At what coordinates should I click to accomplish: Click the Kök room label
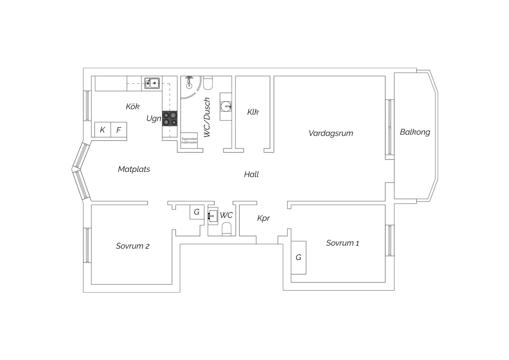pyautogui.click(x=133, y=106)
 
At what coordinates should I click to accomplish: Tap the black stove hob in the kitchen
pyautogui.click(x=170, y=118)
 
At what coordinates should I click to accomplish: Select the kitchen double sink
pyautogui.click(x=152, y=83)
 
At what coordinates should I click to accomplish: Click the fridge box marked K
pyautogui.click(x=103, y=130)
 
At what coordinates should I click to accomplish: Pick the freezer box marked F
pyautogui.click(x=119, y=130)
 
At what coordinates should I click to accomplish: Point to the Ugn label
pyautogui.click(x=154, y=118)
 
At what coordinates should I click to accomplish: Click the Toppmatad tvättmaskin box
pyautogui.click(x=189, y=141)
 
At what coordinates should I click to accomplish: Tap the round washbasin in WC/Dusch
pyautogui.click(x=226, y=107)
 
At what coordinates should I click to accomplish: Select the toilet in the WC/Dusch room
pyautogui.click(x=208, y=83)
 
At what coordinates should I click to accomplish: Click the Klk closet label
pyautogui.click(x=253, y=112)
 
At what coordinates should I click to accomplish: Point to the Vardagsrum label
pyautogui.click(x=331, y=133)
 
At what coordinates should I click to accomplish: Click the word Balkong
pyautogui.click(x=415, y=132)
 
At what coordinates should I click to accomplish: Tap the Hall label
pyautogui.click(x=251, y=174)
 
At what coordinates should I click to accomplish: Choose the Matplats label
pyautogui.click(x=134, y=169)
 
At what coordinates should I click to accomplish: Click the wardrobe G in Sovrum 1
pyautogui.click(x=299, y=257)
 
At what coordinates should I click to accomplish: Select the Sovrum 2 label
pyautogui.click(x=133, y=246)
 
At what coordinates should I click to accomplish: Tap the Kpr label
pyautogui.click(x=264, y=218)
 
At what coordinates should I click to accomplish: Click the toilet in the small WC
pyautogui.click(x=227, y=229)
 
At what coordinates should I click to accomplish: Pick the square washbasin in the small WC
pyautogui.click(x=213, y=216)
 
